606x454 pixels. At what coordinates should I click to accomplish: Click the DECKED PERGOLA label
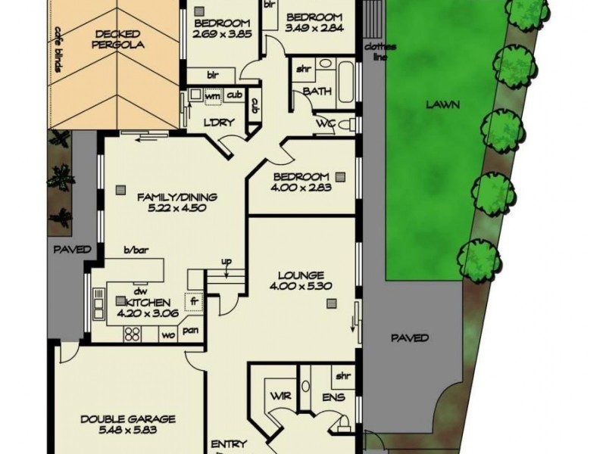[118, 39]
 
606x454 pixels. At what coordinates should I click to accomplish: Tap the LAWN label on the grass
[442, 105]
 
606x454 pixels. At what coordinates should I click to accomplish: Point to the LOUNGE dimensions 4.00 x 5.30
[301, 287]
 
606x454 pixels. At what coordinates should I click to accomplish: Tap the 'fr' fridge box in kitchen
[194, 300]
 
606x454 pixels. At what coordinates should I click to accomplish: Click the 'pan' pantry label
[191, 331]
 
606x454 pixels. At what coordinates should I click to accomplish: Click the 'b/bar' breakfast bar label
[134, 250]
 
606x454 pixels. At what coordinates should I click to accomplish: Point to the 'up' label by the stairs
[226, 262]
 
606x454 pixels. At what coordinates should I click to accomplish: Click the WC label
[325, 124]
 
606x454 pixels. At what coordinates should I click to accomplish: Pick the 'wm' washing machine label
[212, 95]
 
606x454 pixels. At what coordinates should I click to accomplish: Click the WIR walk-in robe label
[275, 396]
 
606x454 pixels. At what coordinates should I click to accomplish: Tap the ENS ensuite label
[333, 397]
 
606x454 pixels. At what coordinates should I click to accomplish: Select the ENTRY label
[228, 444]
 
